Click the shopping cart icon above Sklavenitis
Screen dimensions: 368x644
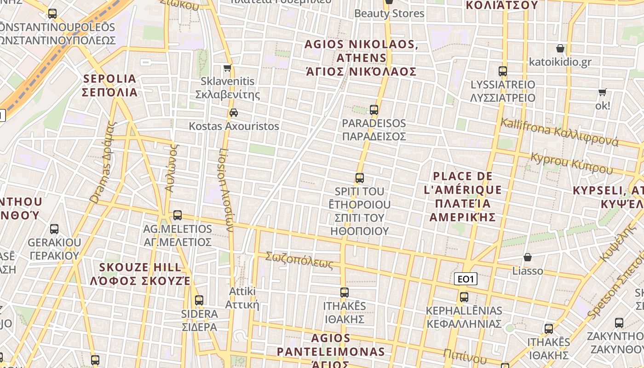pyautogui.click(x=227, y=68)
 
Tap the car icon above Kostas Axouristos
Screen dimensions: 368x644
pyautogui.click(x=234, y=113)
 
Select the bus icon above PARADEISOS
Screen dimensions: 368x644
pyautogui.click(x=374, y=110)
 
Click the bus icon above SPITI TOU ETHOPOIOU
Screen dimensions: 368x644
pyautogui.click(x=360, y=178)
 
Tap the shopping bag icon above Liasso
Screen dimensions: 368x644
pyautogui.click(x=528, y=257)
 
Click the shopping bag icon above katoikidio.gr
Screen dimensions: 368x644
pyautogui.click(x=560, y=48)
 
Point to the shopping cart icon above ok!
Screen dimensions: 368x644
pyautogui.click(x=602, y=92)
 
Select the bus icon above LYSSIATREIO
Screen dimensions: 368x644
pyautogui.click(x=503, y=71)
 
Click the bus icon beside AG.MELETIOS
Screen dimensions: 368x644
pyautogui.click(x=178, y=215)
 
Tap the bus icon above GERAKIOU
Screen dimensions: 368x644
pyautogui.click(x=54, y=229)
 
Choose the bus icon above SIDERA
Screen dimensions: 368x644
pyautogui.click(x=199, y=300)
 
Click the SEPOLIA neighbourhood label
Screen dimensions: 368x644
pyautogui.click(x=110, y=86)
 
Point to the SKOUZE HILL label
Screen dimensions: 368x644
pyautogui.click(x=140, y=274)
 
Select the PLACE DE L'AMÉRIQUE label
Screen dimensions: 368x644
pyautogui.click(x=463, y=196)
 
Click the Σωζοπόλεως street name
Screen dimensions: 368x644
pyautogui.click(x=299, y=260)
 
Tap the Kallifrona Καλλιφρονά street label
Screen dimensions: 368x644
pyautogui.click(x=559, y=132)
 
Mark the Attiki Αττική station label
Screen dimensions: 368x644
pyautogui.click(x=242, y=298)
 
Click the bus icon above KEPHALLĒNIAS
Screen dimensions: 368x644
pyautogui.click(x=464, y=297)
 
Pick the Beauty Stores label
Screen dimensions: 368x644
pyautogui.click(x=389, y=13)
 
